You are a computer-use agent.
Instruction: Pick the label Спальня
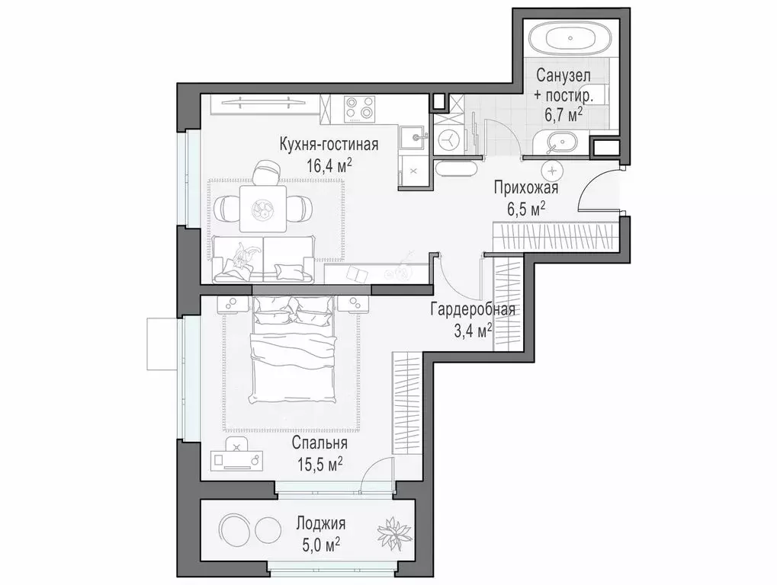pos(319,443)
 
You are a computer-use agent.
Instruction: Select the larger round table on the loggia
pos(234,527)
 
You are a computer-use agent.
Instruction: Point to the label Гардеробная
pos(473,310)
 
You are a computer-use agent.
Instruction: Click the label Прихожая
pos(526,189)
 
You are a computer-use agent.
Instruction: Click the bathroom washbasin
pos(563,142)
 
